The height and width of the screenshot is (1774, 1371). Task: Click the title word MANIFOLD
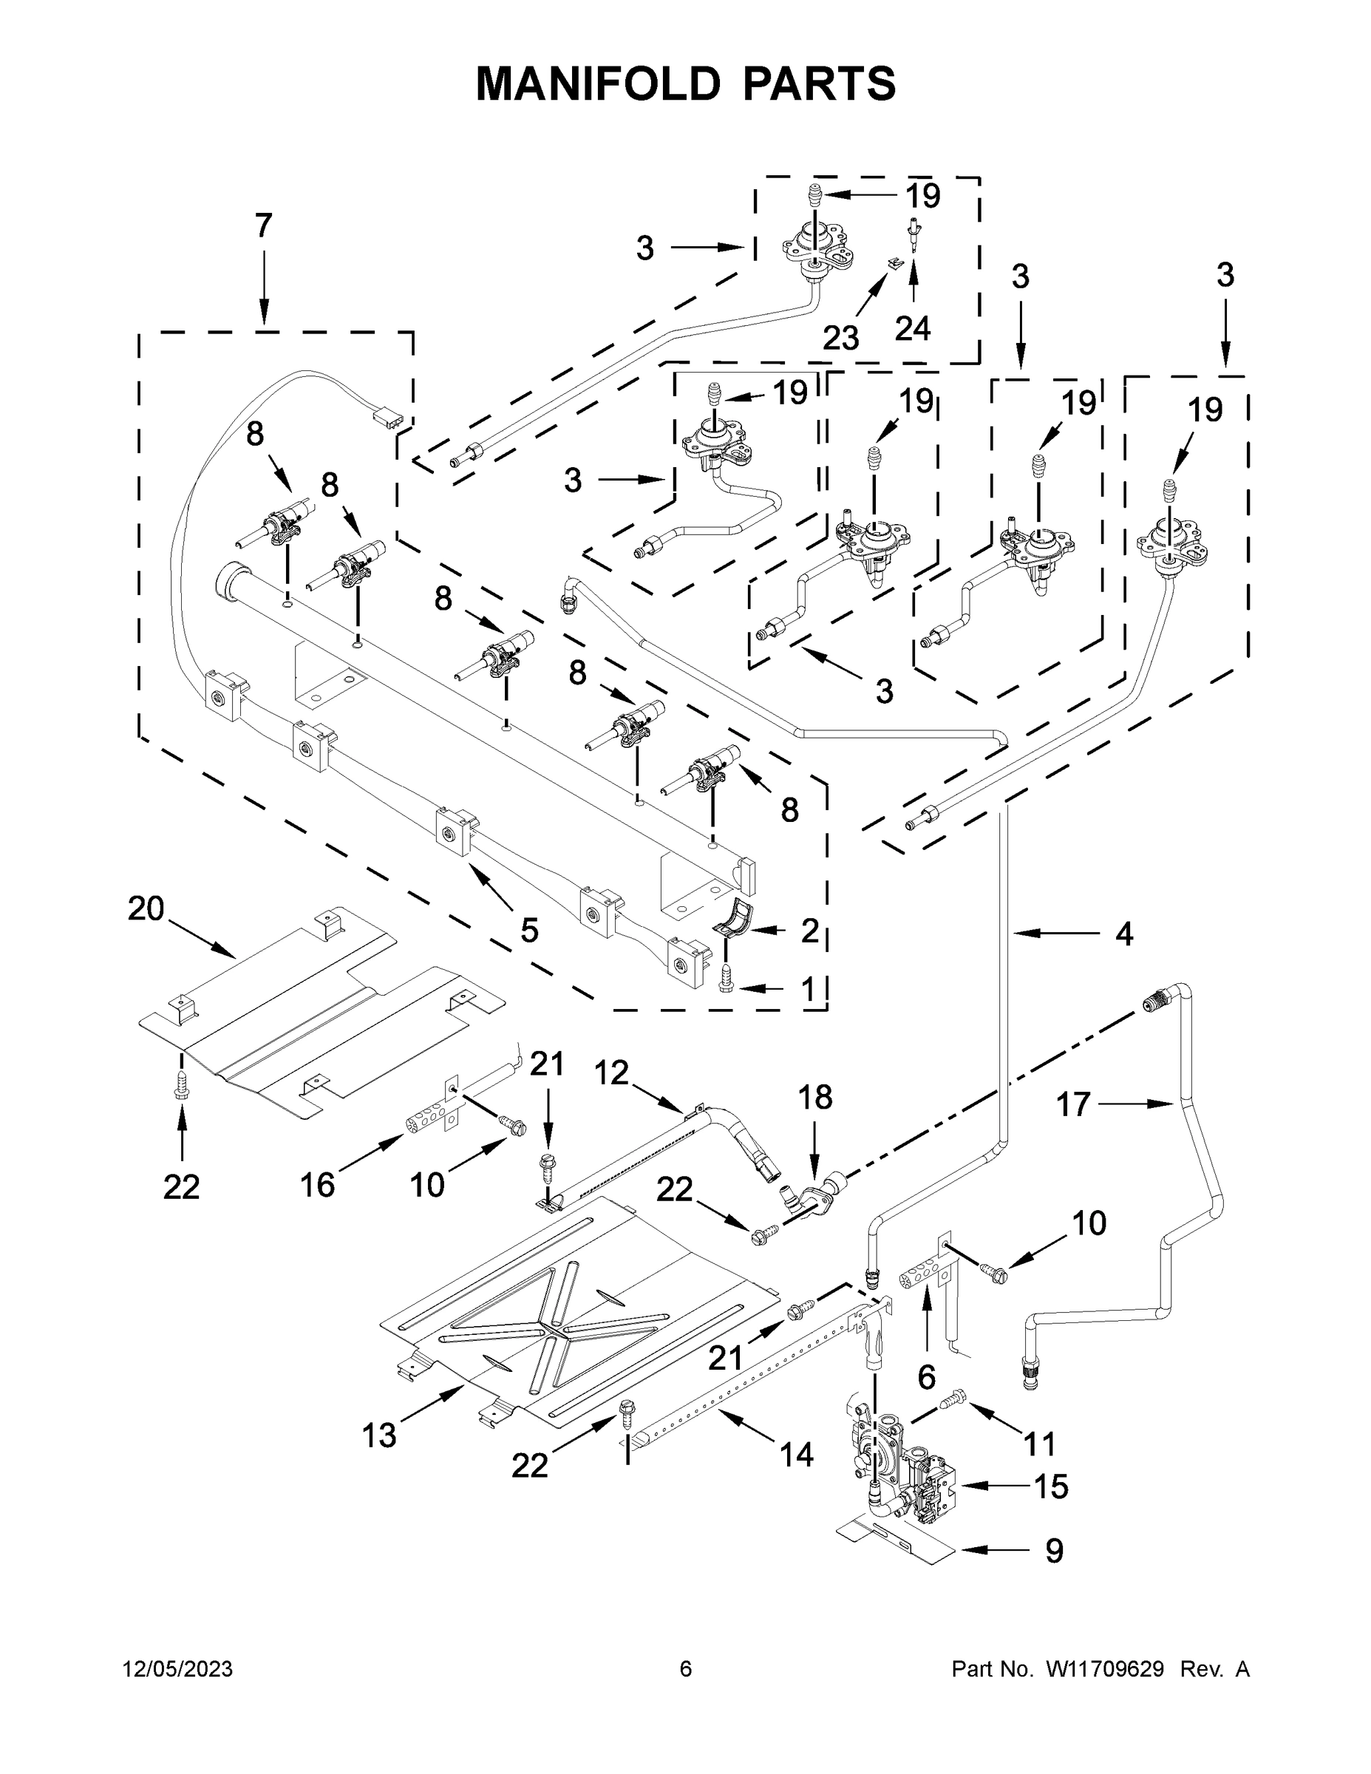click(597, 84)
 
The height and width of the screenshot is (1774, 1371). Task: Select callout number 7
click(263, 225)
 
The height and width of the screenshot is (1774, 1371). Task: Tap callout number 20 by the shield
click(146, 908)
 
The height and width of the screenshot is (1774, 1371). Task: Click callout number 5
click(528, 930)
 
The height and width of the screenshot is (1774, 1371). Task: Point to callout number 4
click(1123, 934)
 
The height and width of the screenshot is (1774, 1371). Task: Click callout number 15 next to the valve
click(1050, 1486)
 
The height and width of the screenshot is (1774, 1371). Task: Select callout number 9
click(1053, 1551)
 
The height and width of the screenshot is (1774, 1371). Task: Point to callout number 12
click(610, 1073)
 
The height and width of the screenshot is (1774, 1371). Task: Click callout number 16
click(317, 1185)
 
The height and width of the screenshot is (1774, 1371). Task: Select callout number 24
click(912, 328)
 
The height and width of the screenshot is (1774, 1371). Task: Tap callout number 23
click(840, 338)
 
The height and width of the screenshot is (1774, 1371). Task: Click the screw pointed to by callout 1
click(725, 984)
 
